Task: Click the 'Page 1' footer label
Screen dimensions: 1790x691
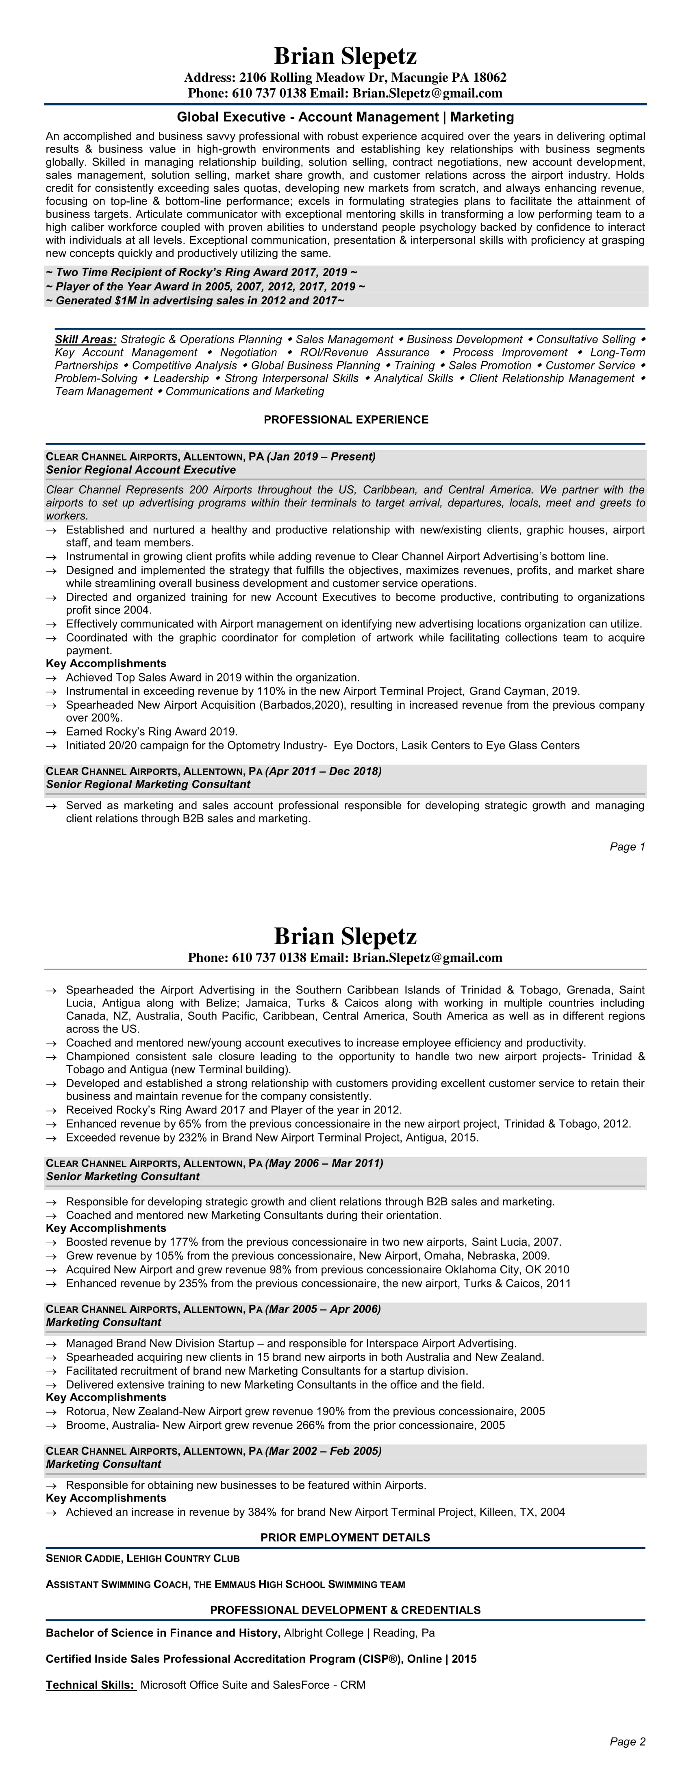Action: (627, 846)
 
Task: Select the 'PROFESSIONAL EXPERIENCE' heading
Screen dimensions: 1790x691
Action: (346, 420)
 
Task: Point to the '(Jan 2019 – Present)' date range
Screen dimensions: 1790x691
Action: (321, 456)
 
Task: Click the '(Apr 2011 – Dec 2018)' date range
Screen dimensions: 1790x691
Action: (324, 771)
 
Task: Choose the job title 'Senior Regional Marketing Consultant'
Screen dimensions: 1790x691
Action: (148, 784)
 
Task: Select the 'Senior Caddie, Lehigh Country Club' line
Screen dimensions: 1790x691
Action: (142, 1559)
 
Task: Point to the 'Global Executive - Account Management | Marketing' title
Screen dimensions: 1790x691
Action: (345, 117)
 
